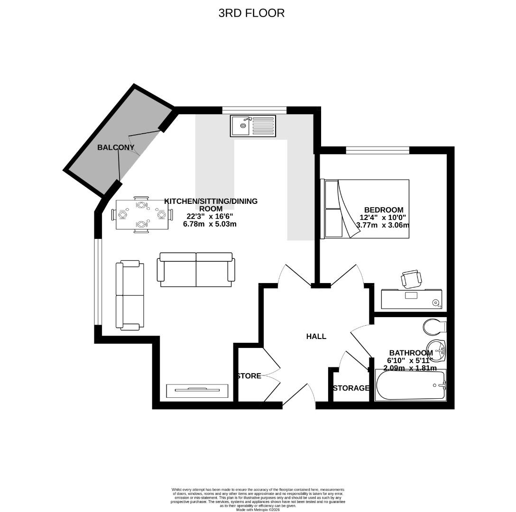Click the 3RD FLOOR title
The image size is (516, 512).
(251, 13)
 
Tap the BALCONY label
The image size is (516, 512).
(116, 147)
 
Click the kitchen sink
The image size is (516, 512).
(253, 126)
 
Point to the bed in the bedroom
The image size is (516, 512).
(365, 209)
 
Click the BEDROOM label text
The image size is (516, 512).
(384, 210)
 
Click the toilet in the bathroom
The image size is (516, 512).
(434, 327)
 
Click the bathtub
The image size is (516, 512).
(411, 385)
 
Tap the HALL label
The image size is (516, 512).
(316, 336)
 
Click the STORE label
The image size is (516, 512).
(249, 376)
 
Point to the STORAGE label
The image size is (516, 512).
(351, 388)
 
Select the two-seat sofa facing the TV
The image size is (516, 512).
(196, 269)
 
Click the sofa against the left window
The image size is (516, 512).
(130, 295)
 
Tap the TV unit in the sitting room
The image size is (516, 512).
(197, 390)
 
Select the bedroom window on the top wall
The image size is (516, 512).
(378, 150)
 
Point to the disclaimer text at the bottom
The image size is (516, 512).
(258, 498)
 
